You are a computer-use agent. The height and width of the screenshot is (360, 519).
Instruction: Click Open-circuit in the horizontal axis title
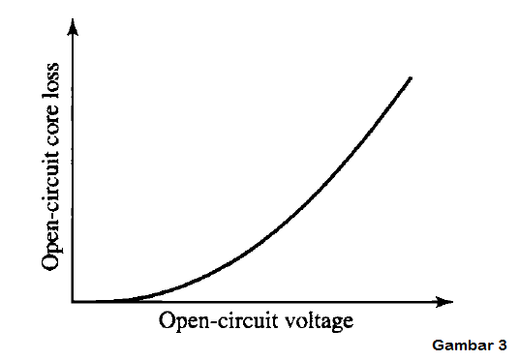[x=207, y=320]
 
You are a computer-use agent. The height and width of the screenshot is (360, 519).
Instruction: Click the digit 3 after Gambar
[x=503, y=345]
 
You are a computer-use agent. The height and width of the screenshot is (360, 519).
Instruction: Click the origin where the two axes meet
[x=74, y=302]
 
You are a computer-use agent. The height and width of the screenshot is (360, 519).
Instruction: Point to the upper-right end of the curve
[x=412, y=76]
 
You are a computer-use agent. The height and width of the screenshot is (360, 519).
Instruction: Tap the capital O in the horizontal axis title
[x=166, y=319]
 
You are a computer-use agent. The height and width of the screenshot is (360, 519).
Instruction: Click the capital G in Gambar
[x=438, y=345]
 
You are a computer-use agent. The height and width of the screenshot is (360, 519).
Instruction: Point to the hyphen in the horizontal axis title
[x=207, y=321]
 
